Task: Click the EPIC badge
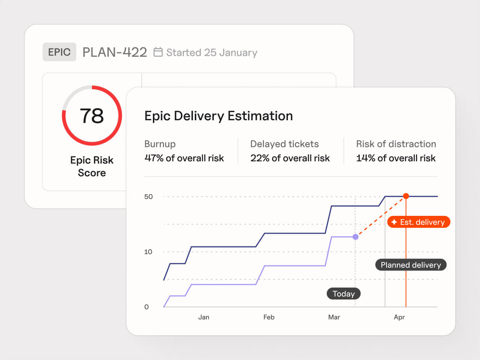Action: [x=59, y=52]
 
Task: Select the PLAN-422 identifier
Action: [x=114, y=52]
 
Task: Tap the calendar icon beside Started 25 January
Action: [x=158, y=52]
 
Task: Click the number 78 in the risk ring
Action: [x=92, y=116]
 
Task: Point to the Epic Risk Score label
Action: [x=92, y=166]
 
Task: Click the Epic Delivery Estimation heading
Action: [x=218, y=116]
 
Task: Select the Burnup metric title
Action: [x=160, y=144]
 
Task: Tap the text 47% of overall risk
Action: [x=184, y=158]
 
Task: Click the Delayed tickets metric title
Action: [x=284, y=144]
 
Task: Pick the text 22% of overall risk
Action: [x=290, y=158]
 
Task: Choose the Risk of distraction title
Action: [x=396, y=144]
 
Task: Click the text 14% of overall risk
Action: [x=396, y=158]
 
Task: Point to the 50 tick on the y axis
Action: [x=148, y=196]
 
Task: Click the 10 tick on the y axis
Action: [x=148, y=252]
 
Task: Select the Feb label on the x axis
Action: [x=269, y=317]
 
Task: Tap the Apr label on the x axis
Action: [x=399, y=317]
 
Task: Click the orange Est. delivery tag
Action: [x=419, y=222]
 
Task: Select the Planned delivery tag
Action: [x=411, y=265]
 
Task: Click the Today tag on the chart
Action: [x=344, y=294]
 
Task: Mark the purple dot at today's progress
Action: [x=356, y=237]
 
